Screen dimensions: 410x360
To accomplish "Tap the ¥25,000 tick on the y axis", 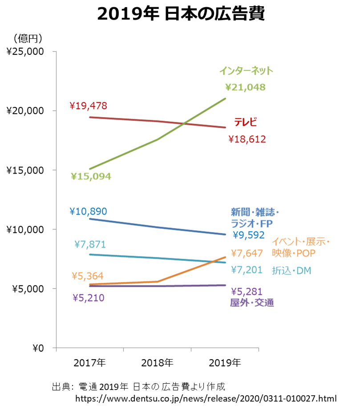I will coord(25,52).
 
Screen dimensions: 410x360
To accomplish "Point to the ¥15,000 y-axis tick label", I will coord(25,170).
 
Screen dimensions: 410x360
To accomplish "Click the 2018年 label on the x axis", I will coord(157,363).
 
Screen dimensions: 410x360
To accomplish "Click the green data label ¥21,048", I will coord(245,87).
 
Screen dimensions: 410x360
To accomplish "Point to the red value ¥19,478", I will coord(89,106).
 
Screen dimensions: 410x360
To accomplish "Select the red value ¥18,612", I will coord(247,139).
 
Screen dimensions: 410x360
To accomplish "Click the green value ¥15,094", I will coord(91,176).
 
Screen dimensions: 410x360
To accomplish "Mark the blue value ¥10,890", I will coord(88,211).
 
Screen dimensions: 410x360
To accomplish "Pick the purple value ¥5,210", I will coord(89,297).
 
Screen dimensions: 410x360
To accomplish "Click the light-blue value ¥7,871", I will coord(90,244).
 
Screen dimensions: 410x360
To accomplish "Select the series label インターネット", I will coord(246,71).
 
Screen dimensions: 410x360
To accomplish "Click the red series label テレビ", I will coord(246,122).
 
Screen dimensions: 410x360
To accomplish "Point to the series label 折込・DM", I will coord(291,270).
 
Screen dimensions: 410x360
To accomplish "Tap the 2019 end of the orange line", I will coord(226,257).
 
